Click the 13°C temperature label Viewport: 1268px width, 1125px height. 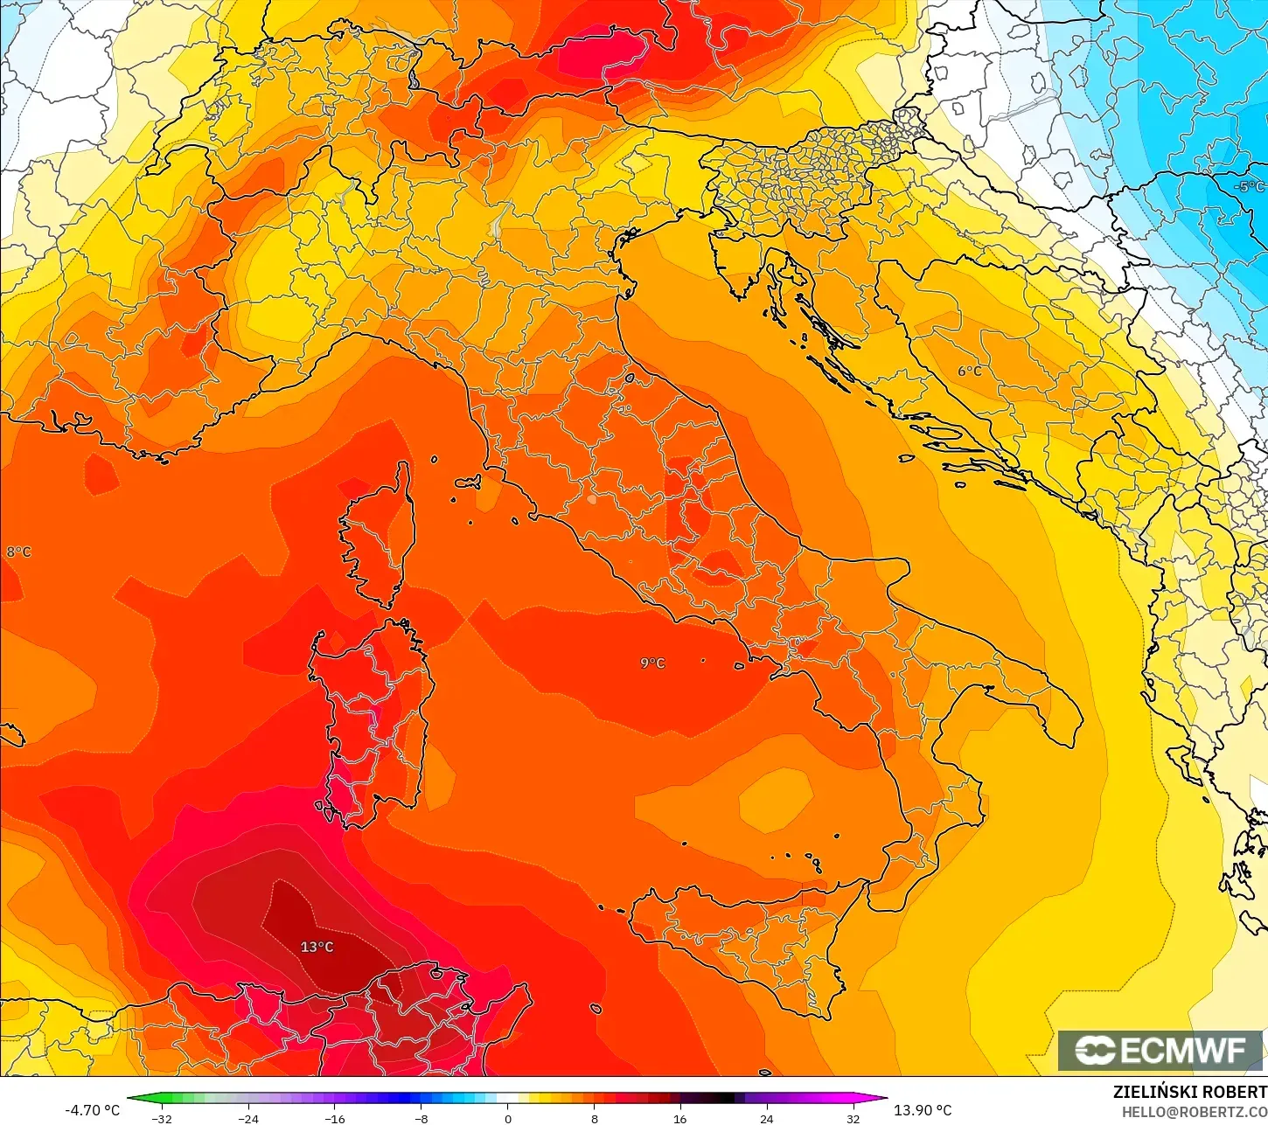point(317,947)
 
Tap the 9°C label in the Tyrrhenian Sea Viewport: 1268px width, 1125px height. point(652,663)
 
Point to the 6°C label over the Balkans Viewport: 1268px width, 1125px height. point(969,371)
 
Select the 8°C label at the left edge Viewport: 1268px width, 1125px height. point(18,552)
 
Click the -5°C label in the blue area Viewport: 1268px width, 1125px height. point(1249,186)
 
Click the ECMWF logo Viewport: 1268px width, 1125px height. point(1161,1050)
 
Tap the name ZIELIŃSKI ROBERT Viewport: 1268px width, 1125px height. point(1189,1092)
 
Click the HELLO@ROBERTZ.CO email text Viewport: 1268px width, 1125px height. point(1195,1112)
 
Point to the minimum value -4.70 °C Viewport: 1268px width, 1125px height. point(92,1110)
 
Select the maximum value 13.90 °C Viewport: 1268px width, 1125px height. point(923,1110)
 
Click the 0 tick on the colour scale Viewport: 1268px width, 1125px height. point(507,1119)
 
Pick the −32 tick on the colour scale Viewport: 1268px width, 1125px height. point(161,1119)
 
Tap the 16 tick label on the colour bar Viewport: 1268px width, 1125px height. point(679,1119)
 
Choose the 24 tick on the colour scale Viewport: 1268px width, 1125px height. point(766,1119)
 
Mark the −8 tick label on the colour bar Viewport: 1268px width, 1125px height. point(421,1119)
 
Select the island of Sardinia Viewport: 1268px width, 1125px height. point(372,717)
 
